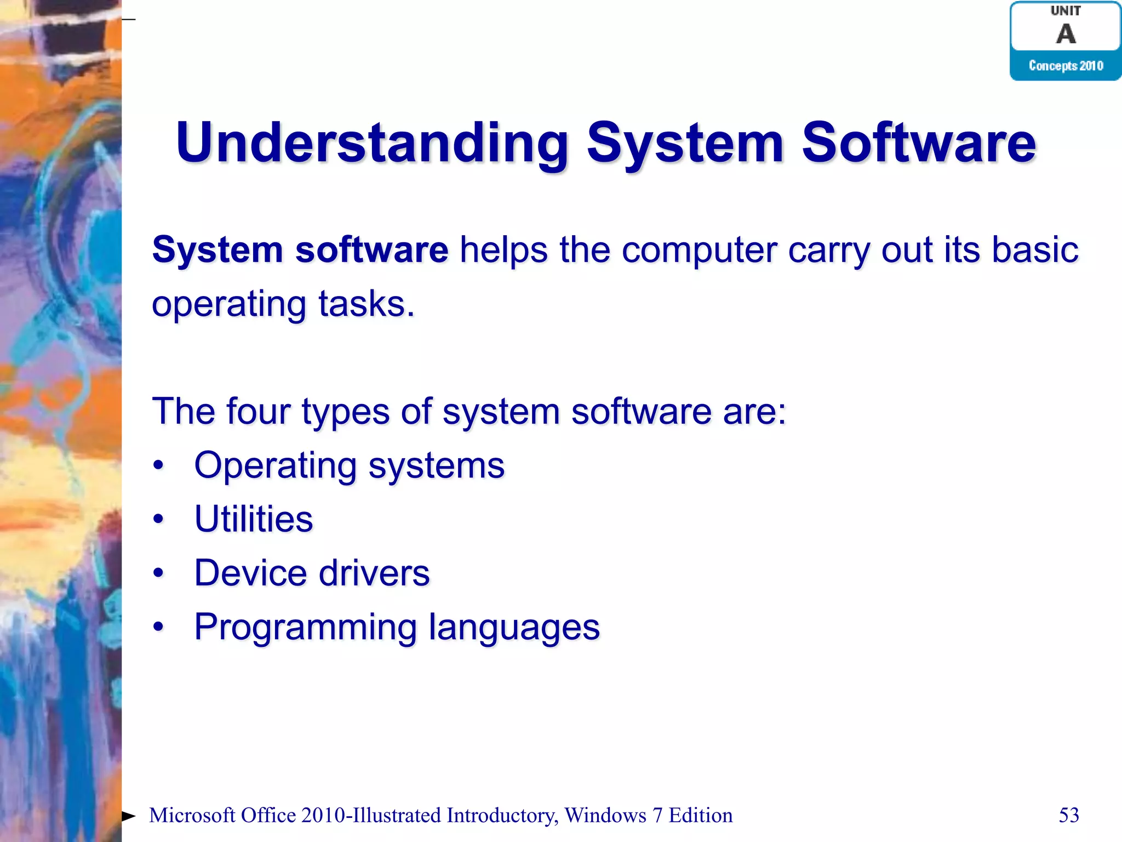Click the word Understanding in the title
point(371,144)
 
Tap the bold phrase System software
point(300,250)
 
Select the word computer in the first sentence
point(699,250)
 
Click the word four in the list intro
point(258,411)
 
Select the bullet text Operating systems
point(349,466)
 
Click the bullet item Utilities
point(253,519)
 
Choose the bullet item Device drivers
point(312,573)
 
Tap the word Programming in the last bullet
point(305,627)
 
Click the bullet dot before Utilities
point(158,519)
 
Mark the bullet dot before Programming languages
point(158,627)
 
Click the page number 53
point(1068,815)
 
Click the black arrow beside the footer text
point(128,816)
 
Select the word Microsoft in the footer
point(192,815)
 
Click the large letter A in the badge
point(1066,34)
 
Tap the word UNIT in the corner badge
point(1066,10)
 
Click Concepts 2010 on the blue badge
point(1066,66)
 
